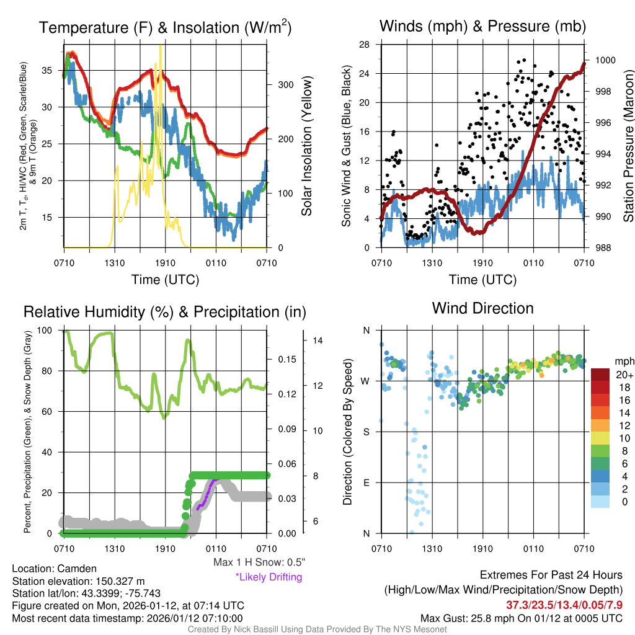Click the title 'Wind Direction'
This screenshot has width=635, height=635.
pyautogui.click(x=482, y=308)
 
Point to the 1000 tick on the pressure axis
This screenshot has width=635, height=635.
pyautogui.click(x=605, y=60)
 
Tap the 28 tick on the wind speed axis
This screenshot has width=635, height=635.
pyautogui.click(x=365, y=45)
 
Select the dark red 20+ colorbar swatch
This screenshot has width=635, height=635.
pyautogui.click(x=600, y=375)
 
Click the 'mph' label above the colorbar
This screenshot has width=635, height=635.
pyautogui.click(x=624, y=361)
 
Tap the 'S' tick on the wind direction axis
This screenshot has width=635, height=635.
pyautogui.click(x=366, y=432)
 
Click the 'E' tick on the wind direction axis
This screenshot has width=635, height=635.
pyautogui.click(x=366, y=482)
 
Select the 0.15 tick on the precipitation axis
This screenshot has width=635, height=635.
pyautogui.click(x=285, y=360)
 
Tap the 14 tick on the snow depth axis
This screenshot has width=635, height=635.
pyautogui.click(x=318, y=340)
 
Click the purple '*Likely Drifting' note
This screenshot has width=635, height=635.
pyautogui.click(x=269, y=577)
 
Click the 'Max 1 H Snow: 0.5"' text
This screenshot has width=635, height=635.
pyautogui.click(x=259, y=562)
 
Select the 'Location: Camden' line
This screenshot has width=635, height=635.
pyautogui.click(x=54, y=569)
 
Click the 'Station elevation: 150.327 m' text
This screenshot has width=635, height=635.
pyautogui.click(x=78, y=581)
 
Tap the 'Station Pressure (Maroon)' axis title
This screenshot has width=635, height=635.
pyautogui.click(x=628, y=145)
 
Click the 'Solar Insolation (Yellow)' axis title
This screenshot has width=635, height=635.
pyautogui.click(x=306, y=145)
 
